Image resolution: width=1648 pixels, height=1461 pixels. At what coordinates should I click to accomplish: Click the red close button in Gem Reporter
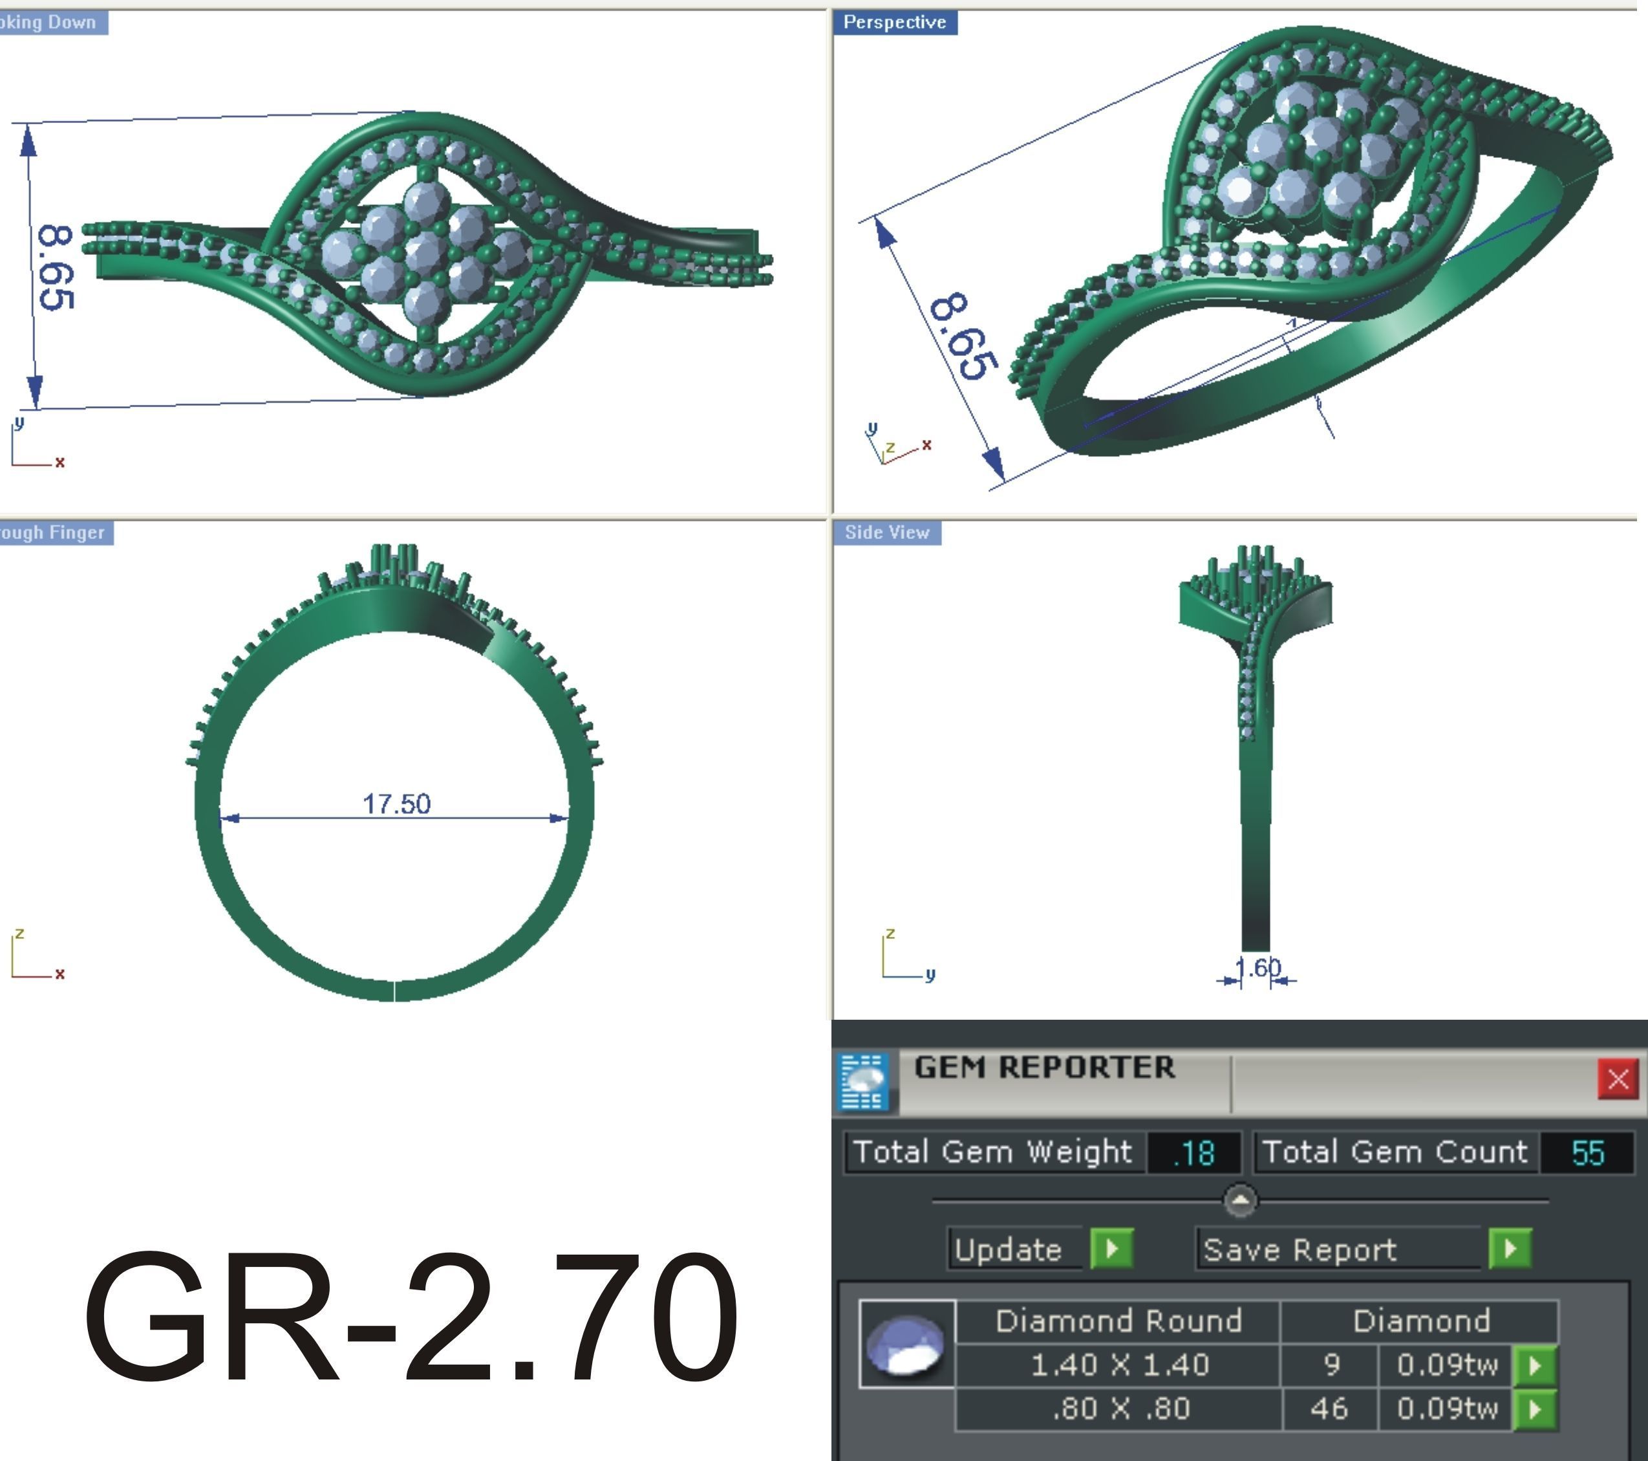click(x=1618, y=1079)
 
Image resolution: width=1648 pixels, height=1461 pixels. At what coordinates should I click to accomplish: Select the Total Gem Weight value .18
click(x=1193, y=1152)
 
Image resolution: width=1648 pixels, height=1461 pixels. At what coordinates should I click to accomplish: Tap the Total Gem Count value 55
click(x=1587, y=1152)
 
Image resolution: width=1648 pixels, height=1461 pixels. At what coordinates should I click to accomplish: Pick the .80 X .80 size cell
click(x=1119, y=1409)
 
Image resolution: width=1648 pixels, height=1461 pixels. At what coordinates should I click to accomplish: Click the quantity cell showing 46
click(x=1329, y=1409)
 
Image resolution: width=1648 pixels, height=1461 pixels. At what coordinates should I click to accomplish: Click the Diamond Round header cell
click(x=1118, y=1321)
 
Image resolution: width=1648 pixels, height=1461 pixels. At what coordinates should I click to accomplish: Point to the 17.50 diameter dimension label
click(x=397, y=804)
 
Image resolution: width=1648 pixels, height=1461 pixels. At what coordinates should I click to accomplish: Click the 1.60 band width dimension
click(x=1257, y=968)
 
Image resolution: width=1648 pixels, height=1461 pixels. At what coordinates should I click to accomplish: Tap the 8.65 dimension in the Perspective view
click(x=962, y=336)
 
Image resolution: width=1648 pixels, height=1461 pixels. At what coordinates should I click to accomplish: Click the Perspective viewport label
click(x=894, y=23)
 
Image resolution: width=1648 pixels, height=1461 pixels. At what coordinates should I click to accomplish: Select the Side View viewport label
click(x=887, y=533)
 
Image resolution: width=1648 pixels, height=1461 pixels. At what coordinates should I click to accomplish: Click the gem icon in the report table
click(x=906, y=1344)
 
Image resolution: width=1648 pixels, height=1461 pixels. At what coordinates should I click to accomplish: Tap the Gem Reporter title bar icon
click(x=862, y=1081)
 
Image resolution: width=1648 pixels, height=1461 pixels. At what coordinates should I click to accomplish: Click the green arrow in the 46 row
click(x=1535, y=1409)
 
